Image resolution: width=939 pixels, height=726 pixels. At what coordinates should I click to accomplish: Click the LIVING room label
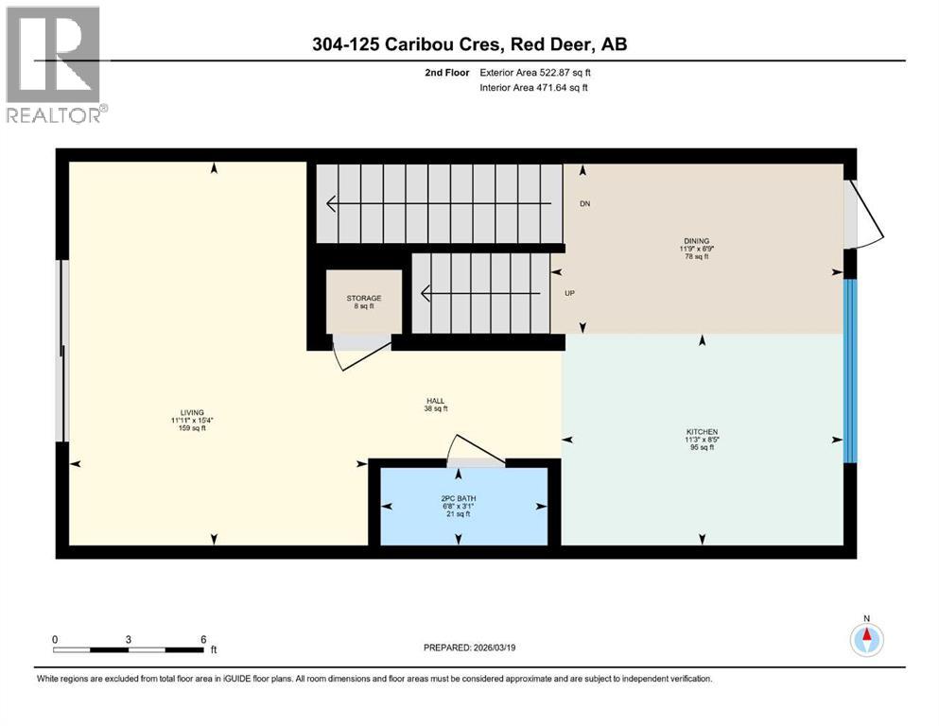point(186,413)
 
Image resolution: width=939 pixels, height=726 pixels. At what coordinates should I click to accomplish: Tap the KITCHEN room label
point(701,431)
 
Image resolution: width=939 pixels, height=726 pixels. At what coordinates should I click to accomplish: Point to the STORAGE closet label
point(363,299)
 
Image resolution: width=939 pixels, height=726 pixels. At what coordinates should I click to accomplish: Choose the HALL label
point(435,401)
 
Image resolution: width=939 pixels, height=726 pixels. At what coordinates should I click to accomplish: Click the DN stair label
point(584,203)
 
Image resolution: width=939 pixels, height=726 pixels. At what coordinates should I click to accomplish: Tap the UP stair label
point(570,293)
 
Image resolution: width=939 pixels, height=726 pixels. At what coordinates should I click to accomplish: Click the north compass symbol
point(866,639)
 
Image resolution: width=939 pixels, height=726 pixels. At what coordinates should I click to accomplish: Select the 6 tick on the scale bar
point(203,639)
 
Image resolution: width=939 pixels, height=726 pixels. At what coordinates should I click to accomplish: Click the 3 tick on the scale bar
point(128,639)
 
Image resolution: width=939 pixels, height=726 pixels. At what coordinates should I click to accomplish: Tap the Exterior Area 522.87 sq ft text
point(540,72)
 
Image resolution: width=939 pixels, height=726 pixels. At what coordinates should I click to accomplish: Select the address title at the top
point(469,43)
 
